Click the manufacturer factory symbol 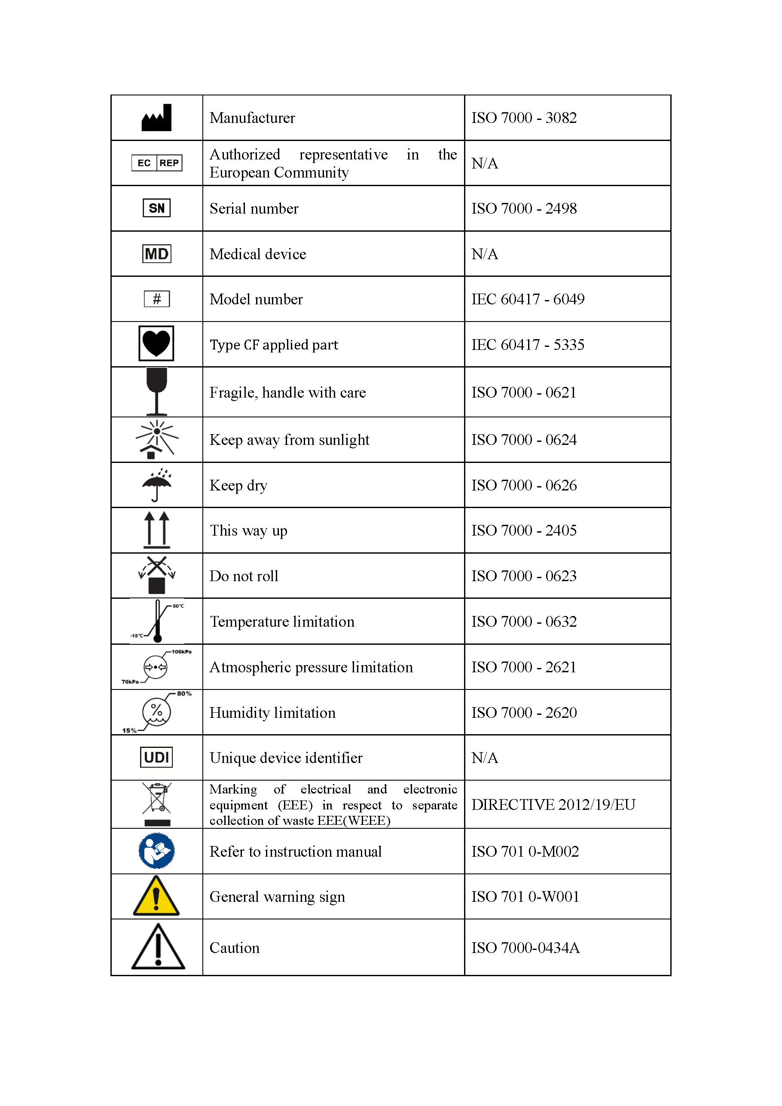pyautogui.click(x=156, y=117)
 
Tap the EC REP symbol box pyautogui.click(x=156, y=163)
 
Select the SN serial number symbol pyautogui.click(x=156, y=208)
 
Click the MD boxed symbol pyautogui.click(x=156, y=254)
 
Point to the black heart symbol pyautogui.click(x=156, y=343)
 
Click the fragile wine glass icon pyautogui.click(x=156, y=391)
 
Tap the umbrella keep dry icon pyautogui.click(x=156, y=484)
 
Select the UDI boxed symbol pyautogui.click(x=156, y=757)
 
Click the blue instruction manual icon pyautogui.click(x=156, y=851)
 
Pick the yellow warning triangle pyautogui.click(x=156, y=897)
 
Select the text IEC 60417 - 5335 pyautogui.click(x=528, y=345)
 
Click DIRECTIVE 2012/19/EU pyautogui.click(x=553, y=804)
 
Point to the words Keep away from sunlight pyautogui.click(x=290, y=440)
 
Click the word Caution pyautogui.click(x=235, y=948)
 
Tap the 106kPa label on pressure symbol pyautogui.click(x=181, y=652)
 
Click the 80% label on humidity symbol pyautogui.click(x=184, y=694)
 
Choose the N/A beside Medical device pyautogui.click(x=484, y=254)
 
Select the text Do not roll pyautogui.click(x=244, y=576)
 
